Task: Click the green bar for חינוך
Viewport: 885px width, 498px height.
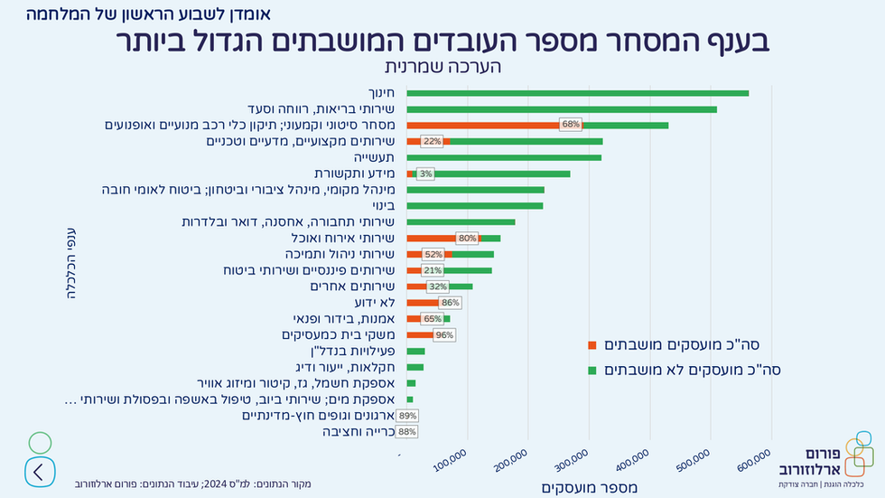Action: (577, 93)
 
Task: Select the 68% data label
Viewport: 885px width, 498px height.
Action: (570, 125)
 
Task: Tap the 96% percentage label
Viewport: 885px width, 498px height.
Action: (444, 334)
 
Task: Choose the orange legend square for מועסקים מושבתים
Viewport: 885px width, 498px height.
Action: (592, 344)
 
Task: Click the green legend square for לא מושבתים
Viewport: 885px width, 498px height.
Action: (592, 370)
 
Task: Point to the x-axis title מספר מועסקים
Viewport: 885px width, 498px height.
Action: (589, 488)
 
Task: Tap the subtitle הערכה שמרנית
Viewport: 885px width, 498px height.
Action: (442, 67)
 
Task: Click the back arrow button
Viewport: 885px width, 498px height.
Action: (39, 471)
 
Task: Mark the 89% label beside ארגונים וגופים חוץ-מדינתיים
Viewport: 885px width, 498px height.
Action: (407, 416)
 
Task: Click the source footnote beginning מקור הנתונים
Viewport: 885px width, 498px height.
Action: (192, 484)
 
